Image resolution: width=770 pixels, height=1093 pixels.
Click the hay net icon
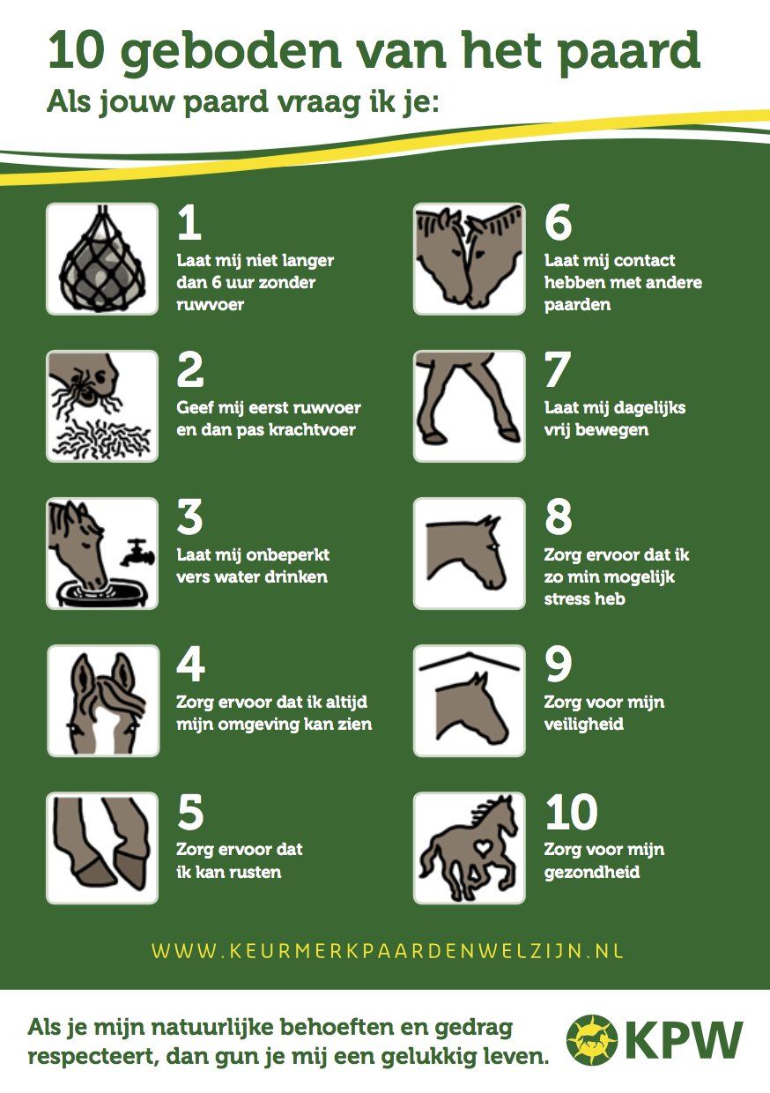[x=102, y=258]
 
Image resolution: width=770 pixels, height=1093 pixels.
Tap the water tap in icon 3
[x=137, y=553]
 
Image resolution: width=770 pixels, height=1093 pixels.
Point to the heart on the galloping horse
[x=483, y=848]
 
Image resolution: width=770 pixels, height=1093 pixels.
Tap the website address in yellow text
[x=387, y=950]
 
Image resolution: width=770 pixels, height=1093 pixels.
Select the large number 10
[x=571, y=812]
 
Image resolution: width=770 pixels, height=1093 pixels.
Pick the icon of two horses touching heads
[x=469, y=258]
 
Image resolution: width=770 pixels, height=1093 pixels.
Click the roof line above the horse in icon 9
[x=470, y=661]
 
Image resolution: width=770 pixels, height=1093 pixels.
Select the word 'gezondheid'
[x=592, y=872]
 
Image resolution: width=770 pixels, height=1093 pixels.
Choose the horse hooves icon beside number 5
[x=102, y=848]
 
